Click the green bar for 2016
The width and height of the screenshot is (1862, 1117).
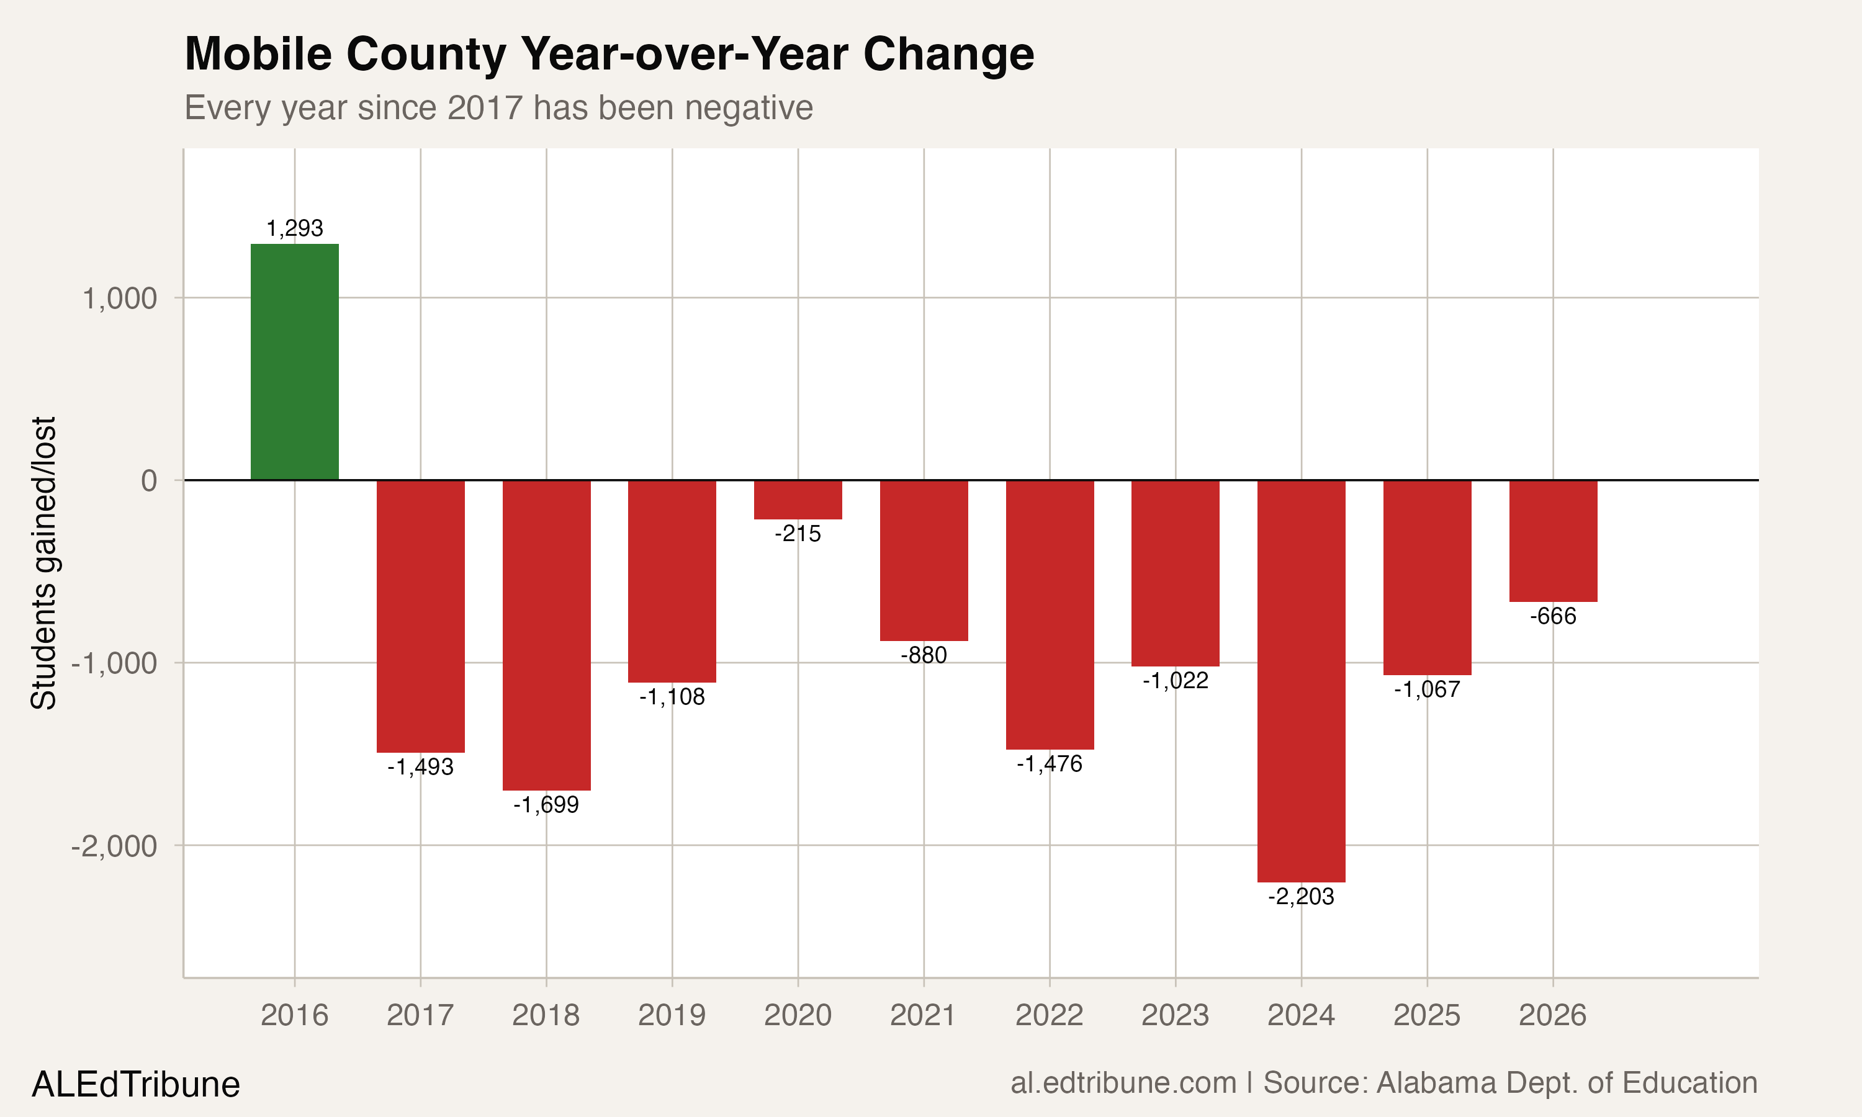[x=294, y=362]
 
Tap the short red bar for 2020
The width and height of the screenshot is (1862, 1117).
[x=798, y=500]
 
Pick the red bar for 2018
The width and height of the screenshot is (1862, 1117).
[x=546, y=635]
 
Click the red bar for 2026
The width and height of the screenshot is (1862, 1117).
[x=1553, y=541]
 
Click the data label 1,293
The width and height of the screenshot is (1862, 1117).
[x=294, y=228]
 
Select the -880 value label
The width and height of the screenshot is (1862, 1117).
[x=924, y=655]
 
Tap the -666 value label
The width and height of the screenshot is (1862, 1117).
[x=1553, y=616]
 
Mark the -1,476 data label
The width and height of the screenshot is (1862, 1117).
[x=1049, y=764]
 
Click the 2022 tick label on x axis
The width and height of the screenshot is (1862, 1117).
[x=1049, y=1015]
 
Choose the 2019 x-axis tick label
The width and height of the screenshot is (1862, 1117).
[x=672, y=1015]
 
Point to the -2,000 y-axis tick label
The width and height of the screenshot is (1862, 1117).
[x=114, y=846]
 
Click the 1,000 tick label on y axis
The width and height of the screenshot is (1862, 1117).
[x=119, y=299]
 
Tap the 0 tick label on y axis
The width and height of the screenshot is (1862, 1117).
[x=149, y=481]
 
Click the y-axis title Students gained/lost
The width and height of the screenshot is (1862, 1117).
[x=43, y=562]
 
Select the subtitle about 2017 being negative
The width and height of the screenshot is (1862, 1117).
[x=498, y=107]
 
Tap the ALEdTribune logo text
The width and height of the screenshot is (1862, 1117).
[x=135, y=1085]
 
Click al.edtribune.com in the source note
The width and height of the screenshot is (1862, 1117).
[x=1123, y=1083]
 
